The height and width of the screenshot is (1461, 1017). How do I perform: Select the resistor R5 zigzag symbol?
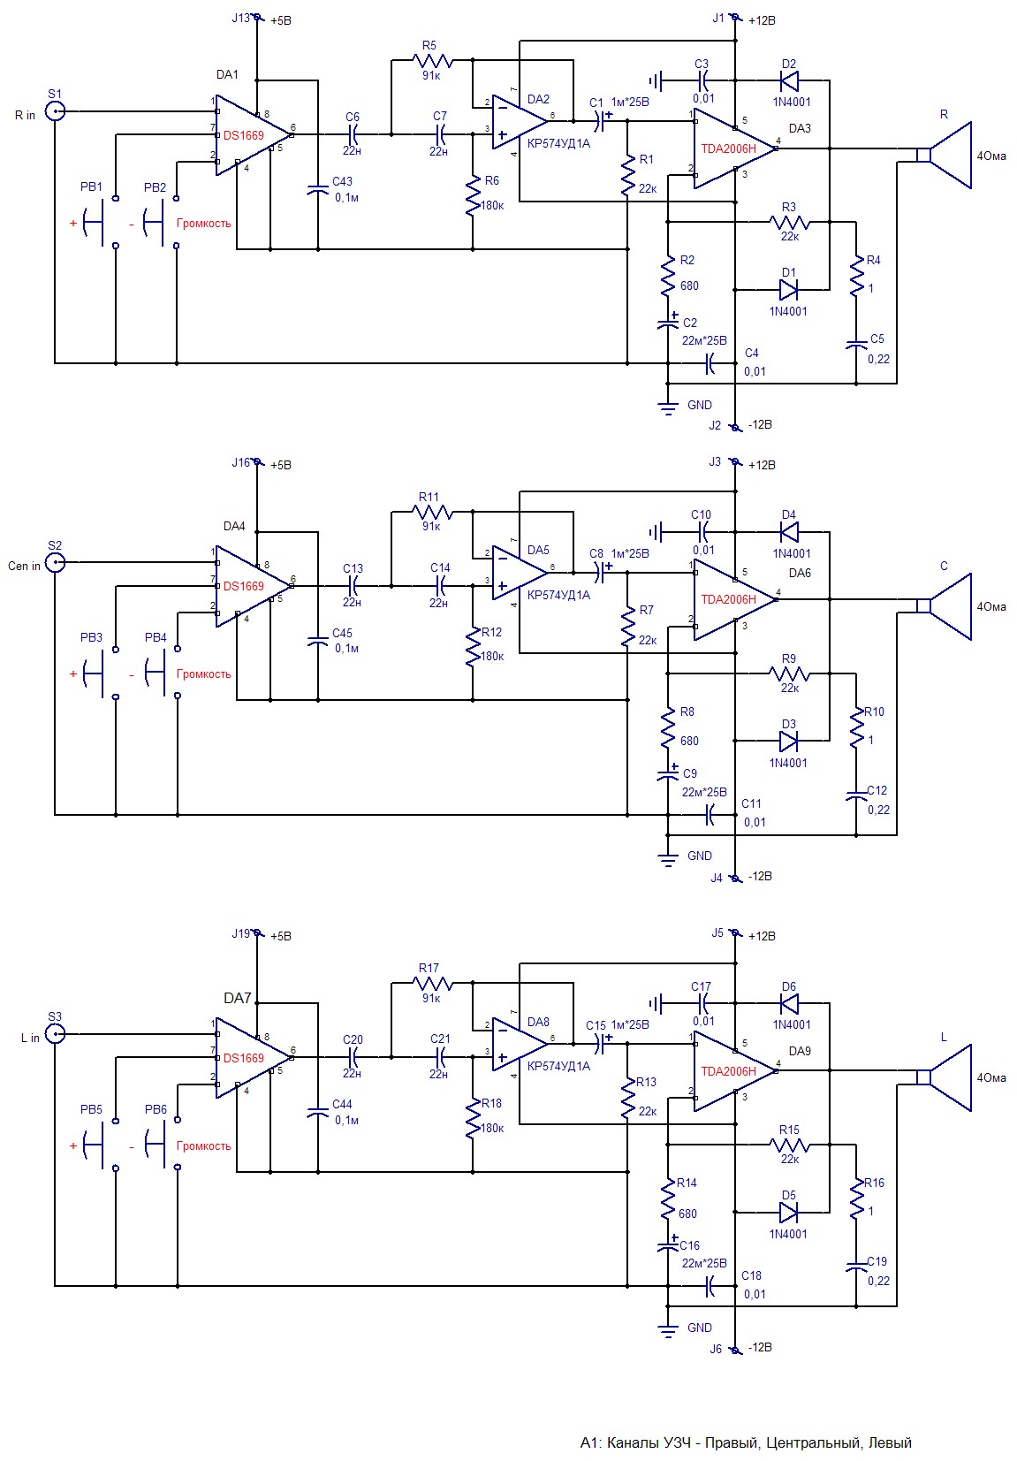point(433,61)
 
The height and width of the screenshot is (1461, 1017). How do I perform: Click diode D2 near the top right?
point(789,80)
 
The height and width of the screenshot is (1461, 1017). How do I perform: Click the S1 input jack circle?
point(55,111)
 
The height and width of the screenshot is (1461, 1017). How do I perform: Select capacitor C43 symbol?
point(317,189)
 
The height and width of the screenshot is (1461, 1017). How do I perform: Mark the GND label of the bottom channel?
point(699,1328)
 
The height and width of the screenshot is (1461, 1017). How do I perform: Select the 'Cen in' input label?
point(24,566)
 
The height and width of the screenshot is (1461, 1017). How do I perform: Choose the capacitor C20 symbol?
point(353,1056)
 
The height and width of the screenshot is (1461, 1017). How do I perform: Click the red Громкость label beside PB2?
point(203,223)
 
